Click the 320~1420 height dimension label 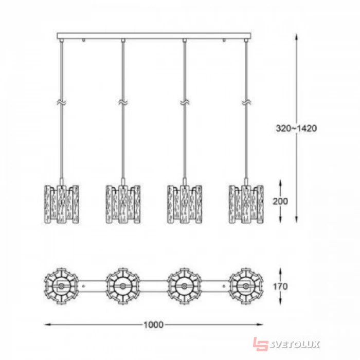(296, 129)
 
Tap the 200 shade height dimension (280, 202)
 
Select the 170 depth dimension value (280, 286)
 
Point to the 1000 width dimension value (154, 325)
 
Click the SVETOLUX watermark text (295, 345)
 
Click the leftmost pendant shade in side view (62, 204)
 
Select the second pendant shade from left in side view (123, 204)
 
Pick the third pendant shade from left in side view (185, 204)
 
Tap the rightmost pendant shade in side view (246, 204)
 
